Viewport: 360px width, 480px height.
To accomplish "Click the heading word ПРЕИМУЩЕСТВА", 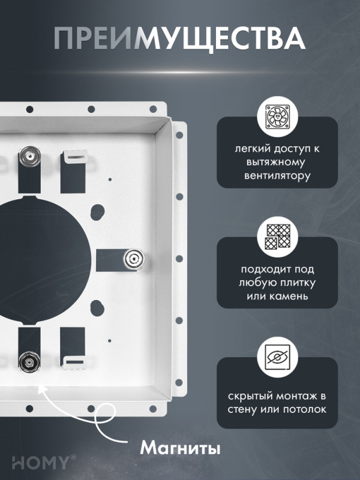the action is tap(179, 38).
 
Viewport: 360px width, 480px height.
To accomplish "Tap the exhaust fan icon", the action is tap(277, 116).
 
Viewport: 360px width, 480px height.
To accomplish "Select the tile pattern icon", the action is tap(277, 236).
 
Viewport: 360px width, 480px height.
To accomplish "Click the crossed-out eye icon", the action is tap(277, 357).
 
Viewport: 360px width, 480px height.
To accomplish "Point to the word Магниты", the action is tap(180, 448).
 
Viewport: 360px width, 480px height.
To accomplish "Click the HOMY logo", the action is tap(41, 462).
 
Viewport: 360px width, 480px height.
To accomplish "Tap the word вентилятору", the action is tap(277, 176).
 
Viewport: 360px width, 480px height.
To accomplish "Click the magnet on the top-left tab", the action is tap(30, 156).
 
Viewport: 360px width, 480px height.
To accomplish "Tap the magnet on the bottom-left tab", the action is tap(29, 362).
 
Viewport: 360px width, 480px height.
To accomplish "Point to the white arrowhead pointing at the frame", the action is tap(42, 389).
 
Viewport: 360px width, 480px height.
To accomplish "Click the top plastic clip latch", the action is tap(75, 158).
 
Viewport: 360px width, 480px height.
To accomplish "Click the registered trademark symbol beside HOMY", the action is tap(73, 457).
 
